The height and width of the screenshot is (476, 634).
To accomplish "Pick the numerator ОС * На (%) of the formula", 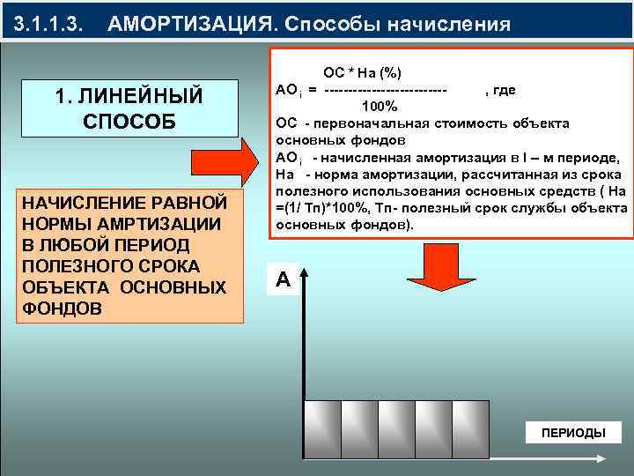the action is click(x=363, y=71).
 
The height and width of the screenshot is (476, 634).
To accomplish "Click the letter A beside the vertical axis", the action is click(x=282, y=280).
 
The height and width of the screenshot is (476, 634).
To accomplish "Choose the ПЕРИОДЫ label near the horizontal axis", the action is click(x=572, y=433).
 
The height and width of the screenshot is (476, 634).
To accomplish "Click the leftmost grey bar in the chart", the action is click(x=321, y=430).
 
